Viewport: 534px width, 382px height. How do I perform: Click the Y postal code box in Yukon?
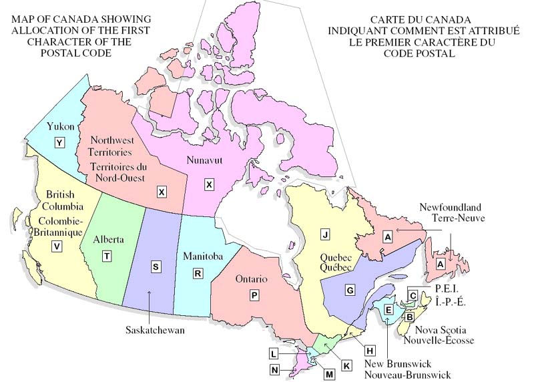(60, 142)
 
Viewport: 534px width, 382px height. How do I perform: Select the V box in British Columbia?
(57, 246)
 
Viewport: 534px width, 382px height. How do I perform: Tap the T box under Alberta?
(107, 256)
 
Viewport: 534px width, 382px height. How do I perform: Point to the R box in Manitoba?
(198, 273)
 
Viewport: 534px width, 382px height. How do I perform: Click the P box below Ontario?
(254, 295)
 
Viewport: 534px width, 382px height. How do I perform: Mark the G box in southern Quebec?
(349, 290)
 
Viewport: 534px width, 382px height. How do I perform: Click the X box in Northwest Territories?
(161, 192)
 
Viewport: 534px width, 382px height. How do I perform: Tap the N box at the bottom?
(275, 369)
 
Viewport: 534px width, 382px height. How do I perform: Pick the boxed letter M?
(330, 375)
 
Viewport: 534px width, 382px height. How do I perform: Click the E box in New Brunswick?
(388, 309)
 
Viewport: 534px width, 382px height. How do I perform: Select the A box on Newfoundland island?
(440, 264)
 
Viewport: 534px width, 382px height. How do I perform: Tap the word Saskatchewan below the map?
(155, 330)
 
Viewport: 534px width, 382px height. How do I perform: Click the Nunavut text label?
(206, 161)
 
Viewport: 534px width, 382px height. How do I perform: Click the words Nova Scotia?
(441, 330)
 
